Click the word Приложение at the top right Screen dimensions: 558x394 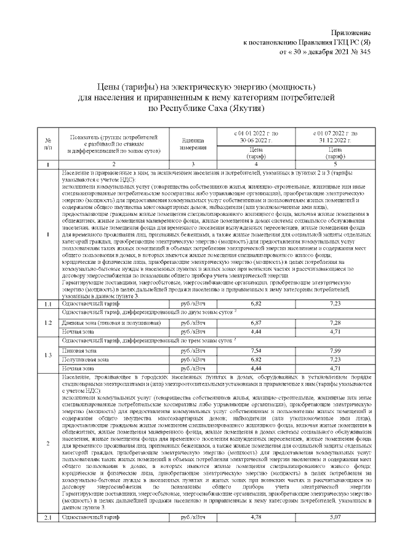tap(352, 31)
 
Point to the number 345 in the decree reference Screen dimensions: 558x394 tap(364, 52)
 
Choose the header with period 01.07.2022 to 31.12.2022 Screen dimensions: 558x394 tap(336, 137)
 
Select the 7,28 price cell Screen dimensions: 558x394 tap(336, 322)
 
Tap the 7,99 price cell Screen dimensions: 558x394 tap(336, 350)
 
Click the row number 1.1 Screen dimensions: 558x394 tap(48, 304)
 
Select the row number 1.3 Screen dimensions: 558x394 tap(48, 355)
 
